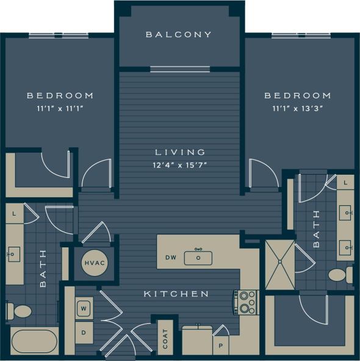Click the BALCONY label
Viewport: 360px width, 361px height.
pyautogui.click(x=179, y=35)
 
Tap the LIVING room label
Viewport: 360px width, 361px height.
pyautogui.click(x=179, y=152)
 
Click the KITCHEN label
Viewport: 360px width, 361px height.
pyautogui.click(x=176, y=294)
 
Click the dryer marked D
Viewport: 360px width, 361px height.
pyautogui.click(x=84, y=333)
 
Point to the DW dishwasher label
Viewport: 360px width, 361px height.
pyautogui.click(x=171, y=258)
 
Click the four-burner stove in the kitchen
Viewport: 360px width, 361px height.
pyautogui.click(x=246, y=302)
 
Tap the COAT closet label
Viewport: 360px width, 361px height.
pyautogui.click(x=165, y=338)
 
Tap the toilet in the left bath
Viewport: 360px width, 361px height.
pyautogui.click(x=21, y=311)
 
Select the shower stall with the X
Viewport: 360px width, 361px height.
pyautogui.click(x=280, y=264)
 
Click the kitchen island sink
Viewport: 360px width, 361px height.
pyautogui.click(x=198, y=257)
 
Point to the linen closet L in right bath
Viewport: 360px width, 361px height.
pyautogui.click(x=345, y=182)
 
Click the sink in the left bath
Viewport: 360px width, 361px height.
pyautogui.click(x=13, y=252)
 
